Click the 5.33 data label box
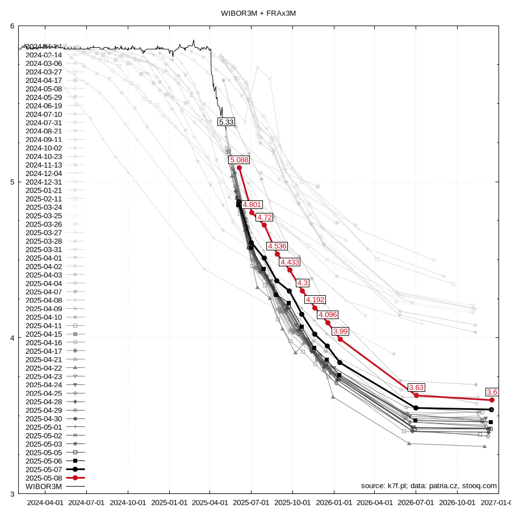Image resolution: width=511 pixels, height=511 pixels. [x=226, y=122]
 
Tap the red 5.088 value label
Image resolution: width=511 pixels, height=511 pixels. [x=239, y=160]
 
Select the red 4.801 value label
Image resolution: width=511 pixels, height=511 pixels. [x=253, y=204]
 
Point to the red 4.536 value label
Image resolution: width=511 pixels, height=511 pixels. [x=277, y=246]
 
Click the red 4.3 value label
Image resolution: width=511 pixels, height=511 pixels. [x=303, y=283]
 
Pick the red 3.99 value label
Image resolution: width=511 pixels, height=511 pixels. [x=341, y=331]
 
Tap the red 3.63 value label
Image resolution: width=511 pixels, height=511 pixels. [x=417, y=387]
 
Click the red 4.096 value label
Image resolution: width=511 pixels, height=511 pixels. [x=328, y=315]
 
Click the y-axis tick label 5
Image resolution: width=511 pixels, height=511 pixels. [x=12, y=182]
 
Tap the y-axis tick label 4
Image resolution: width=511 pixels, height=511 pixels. [x=12, y=338]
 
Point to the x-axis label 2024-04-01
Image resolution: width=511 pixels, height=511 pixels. [x=45, y=502]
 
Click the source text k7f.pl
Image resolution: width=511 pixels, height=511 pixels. [x=395, y=486]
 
